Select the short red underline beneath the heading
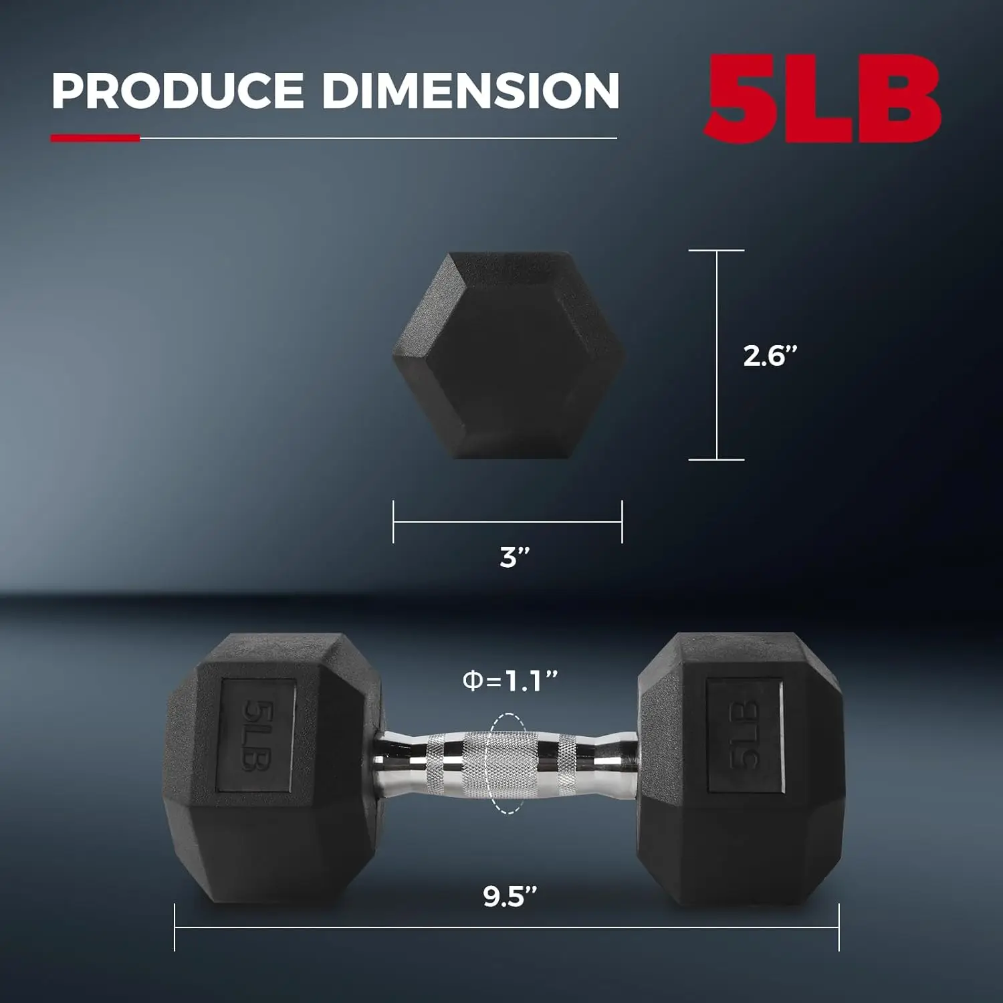coord(95,138)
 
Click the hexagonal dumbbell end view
coord(508,354)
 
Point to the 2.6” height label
coord(770,356)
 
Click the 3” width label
coord(514,557)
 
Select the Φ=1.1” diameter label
coord(510,681)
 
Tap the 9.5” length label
coord(510,897)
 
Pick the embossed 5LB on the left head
coord(257,736)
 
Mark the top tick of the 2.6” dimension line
coord(716,251)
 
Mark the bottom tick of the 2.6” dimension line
coord(716,459)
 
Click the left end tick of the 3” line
coord(394,522)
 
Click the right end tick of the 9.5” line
coord(838,927)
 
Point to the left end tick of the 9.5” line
coord(175,927)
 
